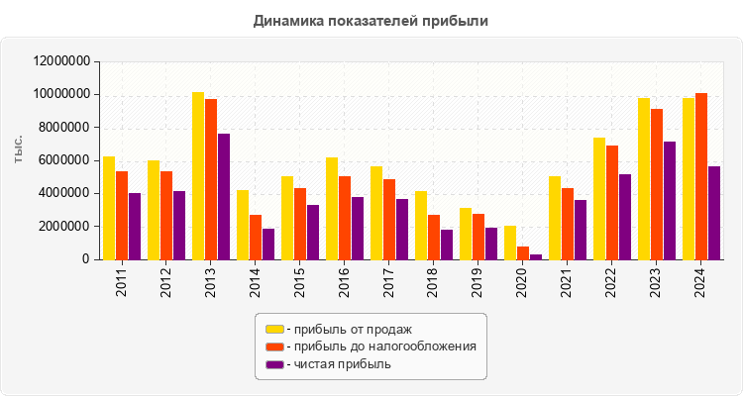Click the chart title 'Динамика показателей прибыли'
pos(371,20)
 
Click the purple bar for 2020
pos(536,256)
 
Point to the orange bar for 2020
pos(523,252)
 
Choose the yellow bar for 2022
pos(599,198)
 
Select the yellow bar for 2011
pos(109,208)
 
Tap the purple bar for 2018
pos(447,245)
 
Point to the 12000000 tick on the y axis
pos(62,61)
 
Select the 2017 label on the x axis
pos(388,280)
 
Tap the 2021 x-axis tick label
pos(567,280)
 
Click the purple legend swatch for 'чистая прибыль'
pos(274,364)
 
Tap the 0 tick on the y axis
pos(87,259)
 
